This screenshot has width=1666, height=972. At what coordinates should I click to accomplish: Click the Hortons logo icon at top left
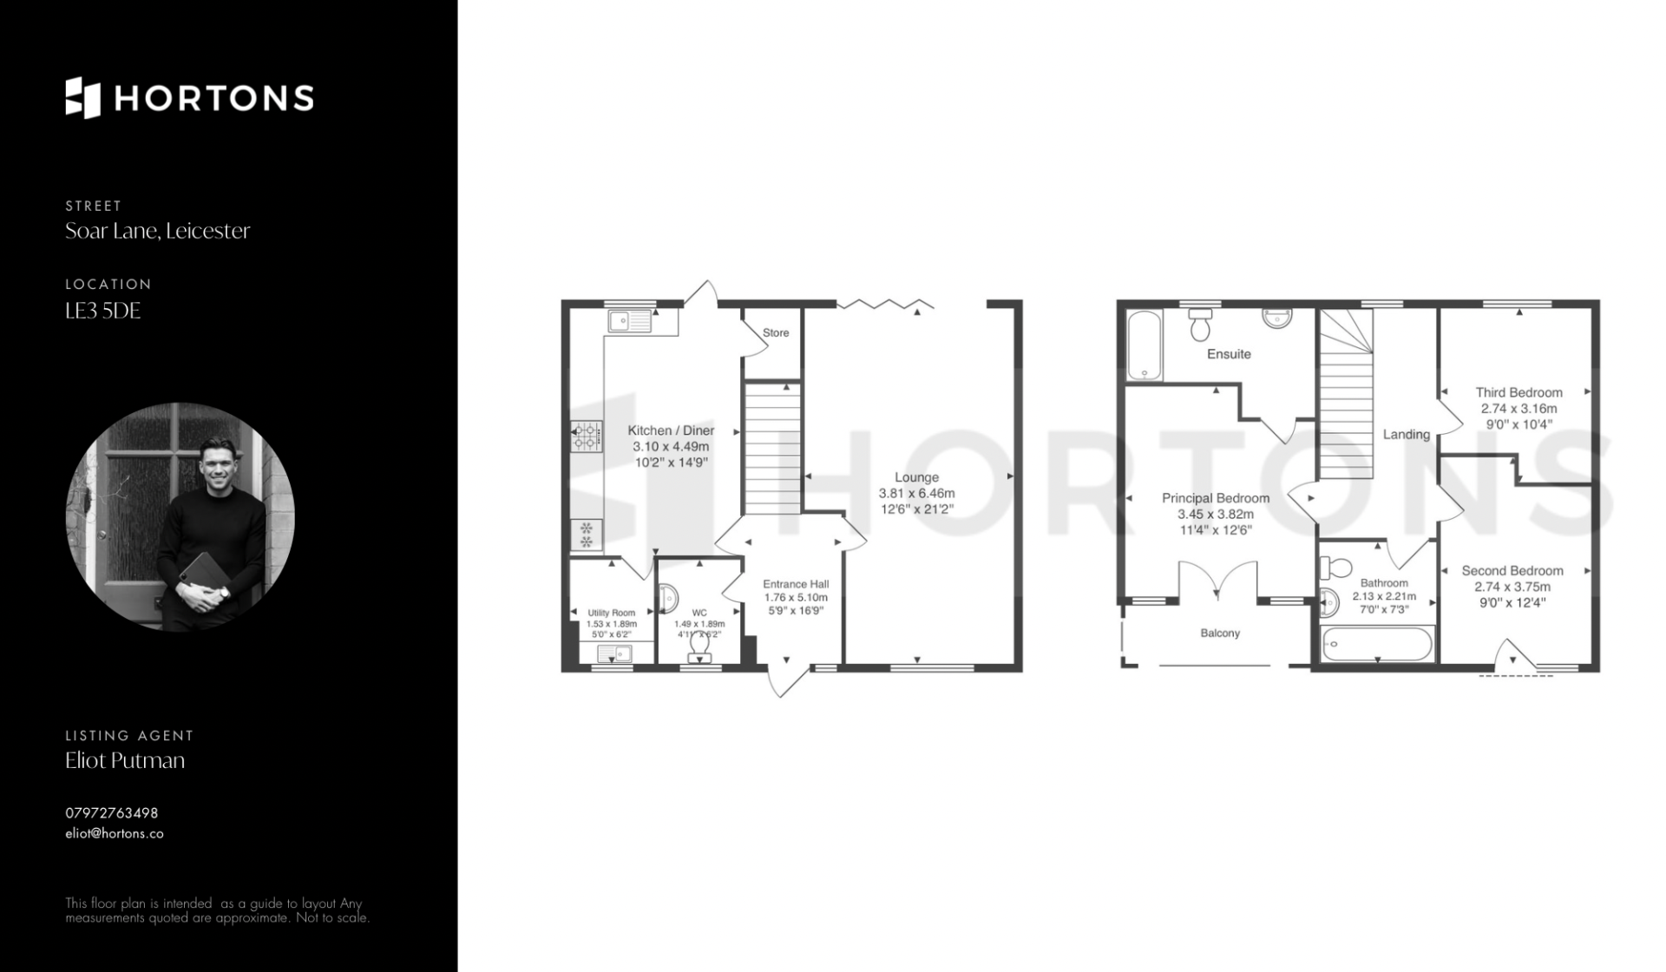83,97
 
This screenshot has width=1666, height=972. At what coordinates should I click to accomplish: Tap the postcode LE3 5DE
102,311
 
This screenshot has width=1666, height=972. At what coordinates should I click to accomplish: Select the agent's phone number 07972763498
112,813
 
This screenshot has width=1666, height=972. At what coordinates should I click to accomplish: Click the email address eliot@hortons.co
115,833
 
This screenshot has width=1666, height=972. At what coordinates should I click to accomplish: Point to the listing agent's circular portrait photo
180,516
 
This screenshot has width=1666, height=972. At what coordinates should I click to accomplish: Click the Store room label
776,332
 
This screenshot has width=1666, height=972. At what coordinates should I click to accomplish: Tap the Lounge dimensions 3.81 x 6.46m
916,493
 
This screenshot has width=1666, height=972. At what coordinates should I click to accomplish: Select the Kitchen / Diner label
671,430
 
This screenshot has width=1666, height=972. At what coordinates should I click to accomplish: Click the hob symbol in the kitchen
587,437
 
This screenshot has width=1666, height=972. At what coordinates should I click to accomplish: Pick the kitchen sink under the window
631,321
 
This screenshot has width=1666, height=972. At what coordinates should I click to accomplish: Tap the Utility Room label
612,613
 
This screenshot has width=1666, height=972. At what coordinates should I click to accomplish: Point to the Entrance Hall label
796,584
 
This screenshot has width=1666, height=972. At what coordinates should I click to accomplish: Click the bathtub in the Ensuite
1145,345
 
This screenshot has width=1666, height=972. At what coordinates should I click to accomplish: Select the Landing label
1406,434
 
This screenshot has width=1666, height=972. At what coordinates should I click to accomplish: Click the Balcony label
1220,634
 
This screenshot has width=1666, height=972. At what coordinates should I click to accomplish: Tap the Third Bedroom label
1518,392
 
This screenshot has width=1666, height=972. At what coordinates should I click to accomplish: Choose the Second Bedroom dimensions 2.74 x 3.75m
1512,587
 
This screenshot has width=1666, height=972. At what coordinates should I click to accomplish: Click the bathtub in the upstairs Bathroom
1376,644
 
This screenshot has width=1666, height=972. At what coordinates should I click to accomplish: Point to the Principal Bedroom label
1215,498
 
